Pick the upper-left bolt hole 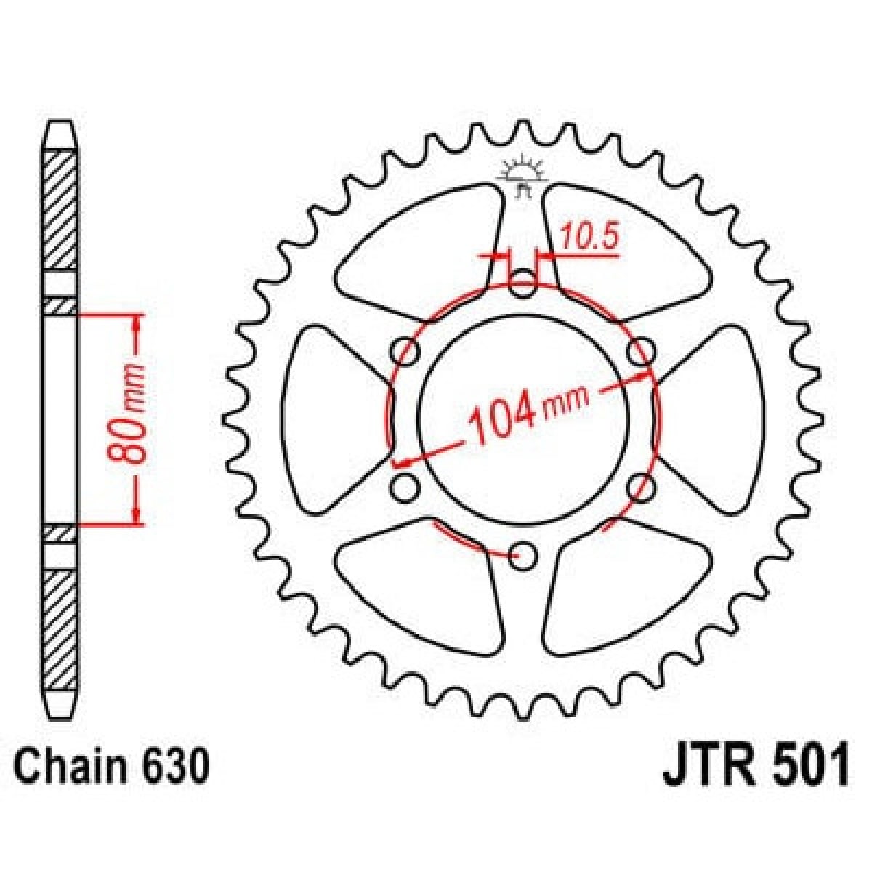coord(405,352)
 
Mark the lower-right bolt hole coord(640,488)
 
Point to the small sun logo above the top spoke coord(522,172)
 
